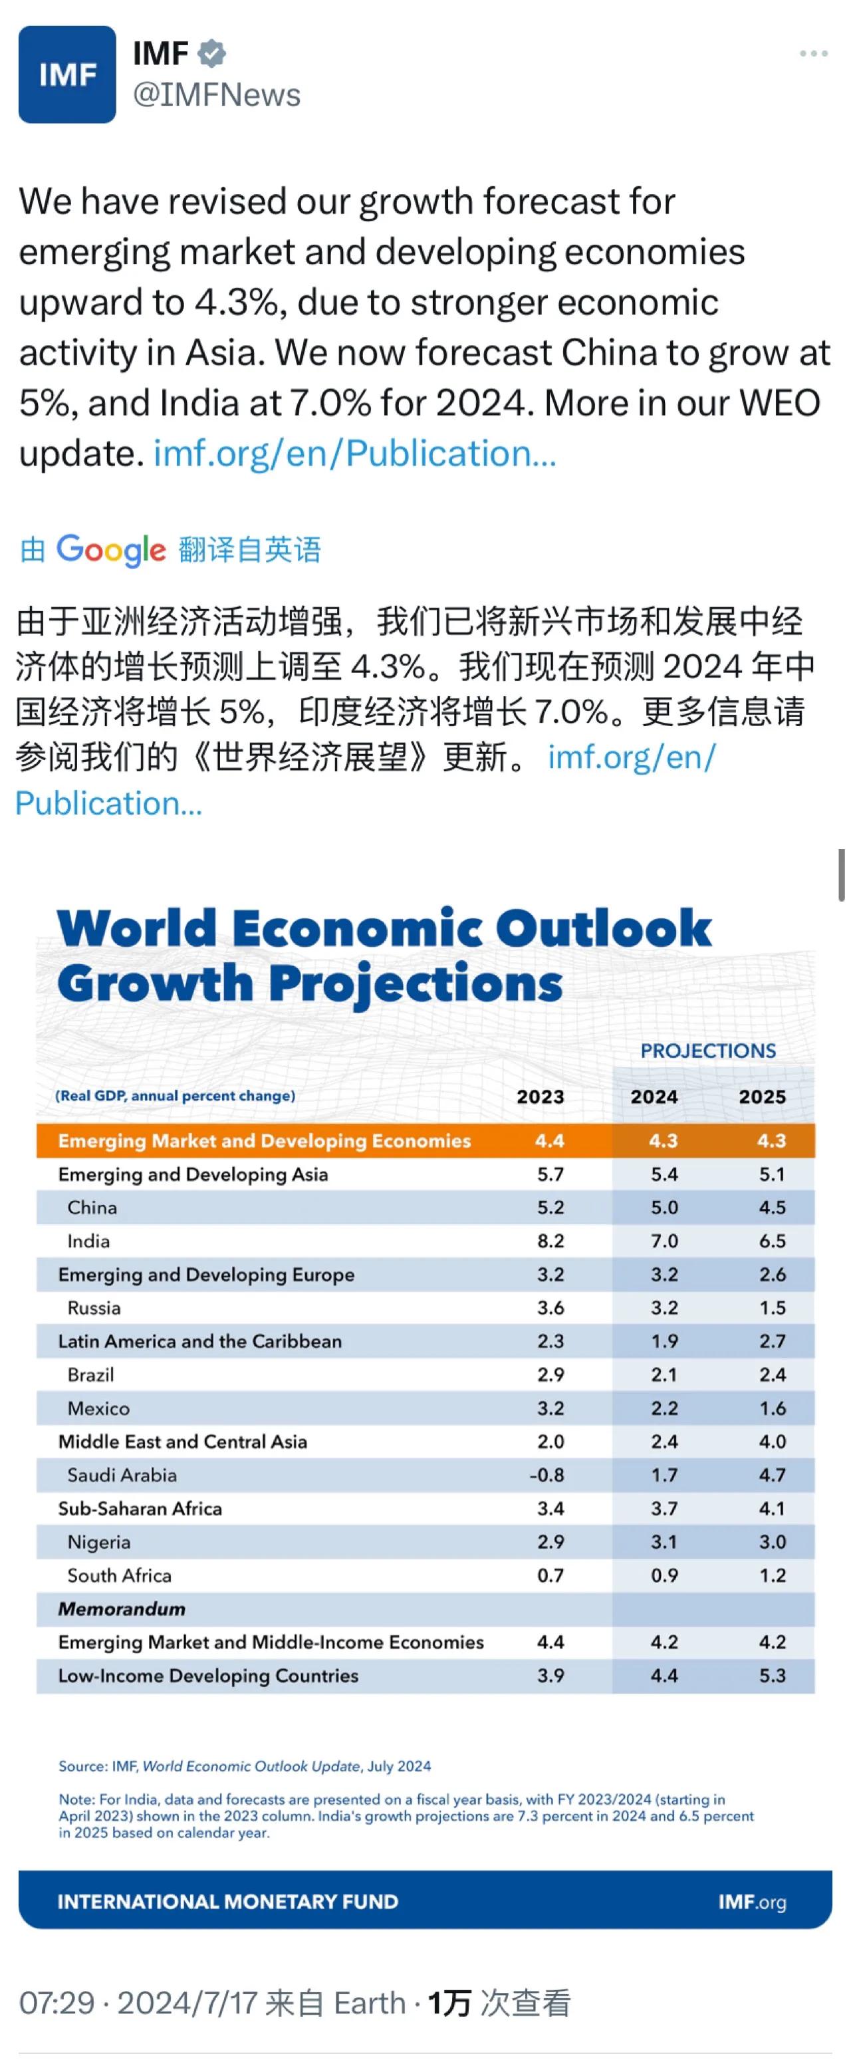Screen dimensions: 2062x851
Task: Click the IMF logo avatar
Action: click(x=67, y=74)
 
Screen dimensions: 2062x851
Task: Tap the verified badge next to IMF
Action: click(x=212, y=54)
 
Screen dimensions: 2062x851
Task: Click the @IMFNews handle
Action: click(x=216, y=95)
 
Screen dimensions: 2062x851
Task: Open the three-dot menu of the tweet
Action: click(x=812, y=54)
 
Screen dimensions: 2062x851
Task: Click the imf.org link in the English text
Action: click(x=354, y=453)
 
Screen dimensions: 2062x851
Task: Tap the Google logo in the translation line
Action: click(x=111, y=549)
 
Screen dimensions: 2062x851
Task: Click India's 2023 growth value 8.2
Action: click(x=550, y=1241)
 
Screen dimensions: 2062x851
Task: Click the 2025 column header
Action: click(x=761, y=1096)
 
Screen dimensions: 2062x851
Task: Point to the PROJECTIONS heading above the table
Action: click(x=707, y=1051)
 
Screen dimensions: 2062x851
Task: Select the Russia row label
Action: click(x=94, y=1308)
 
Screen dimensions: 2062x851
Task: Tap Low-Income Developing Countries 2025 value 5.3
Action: click(x=772, y=1676)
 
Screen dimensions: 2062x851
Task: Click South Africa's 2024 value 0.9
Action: click(x=664, y=1575)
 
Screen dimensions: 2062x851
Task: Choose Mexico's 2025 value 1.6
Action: click(x=772, y=1408)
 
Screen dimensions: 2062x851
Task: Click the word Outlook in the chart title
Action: click(x=603, y=928)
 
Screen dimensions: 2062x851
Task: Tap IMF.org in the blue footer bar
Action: click(x=752, y=1901)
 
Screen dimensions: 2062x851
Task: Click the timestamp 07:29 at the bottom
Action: click(x=57, y=2003)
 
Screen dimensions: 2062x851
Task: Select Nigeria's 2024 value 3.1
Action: click(x=664, y=1542)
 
